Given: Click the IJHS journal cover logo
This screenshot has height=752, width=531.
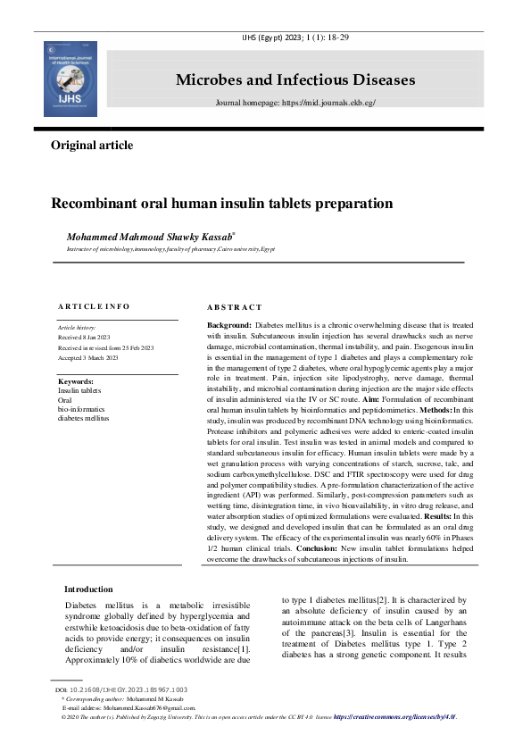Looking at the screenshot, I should (x=70, y=78).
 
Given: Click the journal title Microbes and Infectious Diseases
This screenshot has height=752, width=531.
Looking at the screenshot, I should (x=295, y=80).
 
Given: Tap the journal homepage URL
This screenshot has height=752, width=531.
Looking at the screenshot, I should (x=295, y=104).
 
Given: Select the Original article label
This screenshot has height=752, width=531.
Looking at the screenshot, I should (x=92, y=146).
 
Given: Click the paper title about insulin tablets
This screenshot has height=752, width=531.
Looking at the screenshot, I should (x=221, y=204).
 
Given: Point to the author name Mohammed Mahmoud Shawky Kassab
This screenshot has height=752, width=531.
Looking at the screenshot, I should (x=150, y=237).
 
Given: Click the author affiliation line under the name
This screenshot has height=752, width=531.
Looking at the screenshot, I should (x=171, y=249).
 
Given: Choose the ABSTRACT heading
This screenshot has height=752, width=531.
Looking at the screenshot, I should (x=235, y=307).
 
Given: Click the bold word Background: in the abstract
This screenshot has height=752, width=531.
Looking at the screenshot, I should (x=228, y=326).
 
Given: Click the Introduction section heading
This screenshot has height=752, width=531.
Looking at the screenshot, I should (x=88, y=589).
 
